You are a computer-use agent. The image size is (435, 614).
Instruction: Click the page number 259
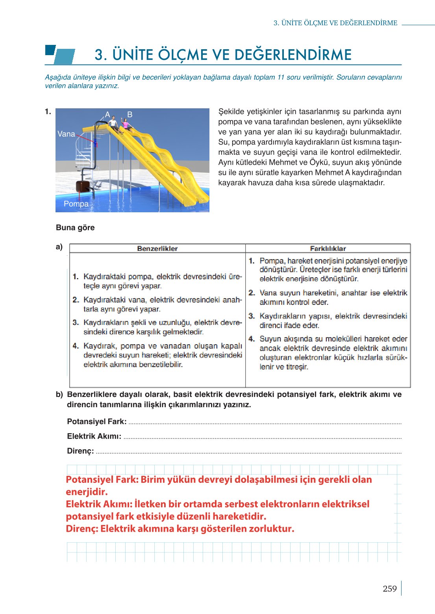389,589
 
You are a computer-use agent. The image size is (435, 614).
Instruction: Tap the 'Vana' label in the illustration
66,134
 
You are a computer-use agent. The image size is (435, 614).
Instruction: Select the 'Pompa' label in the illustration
76,204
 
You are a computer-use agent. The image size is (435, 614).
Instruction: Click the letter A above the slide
107,115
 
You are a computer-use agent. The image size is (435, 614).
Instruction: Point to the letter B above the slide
130,115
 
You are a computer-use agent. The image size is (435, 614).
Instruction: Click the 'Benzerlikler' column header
157,249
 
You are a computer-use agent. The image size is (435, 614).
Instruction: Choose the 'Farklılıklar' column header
328,249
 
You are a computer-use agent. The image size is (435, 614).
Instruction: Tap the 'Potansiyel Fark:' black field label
97,421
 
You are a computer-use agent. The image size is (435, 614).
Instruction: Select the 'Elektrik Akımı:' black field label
94,436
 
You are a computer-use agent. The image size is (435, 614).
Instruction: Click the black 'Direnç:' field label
80,451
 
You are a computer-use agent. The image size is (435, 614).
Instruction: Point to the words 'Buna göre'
75,228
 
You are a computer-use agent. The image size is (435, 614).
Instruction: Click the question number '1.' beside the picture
48,112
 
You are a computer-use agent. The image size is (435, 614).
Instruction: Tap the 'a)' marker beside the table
59,247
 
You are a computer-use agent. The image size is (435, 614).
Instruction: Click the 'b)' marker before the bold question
59,395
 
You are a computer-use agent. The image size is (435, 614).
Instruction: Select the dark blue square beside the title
50,50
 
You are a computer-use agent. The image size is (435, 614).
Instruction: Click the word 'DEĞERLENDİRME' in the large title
291,55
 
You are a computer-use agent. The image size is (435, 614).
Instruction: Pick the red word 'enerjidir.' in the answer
87,492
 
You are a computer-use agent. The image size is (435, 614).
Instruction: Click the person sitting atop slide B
126,124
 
